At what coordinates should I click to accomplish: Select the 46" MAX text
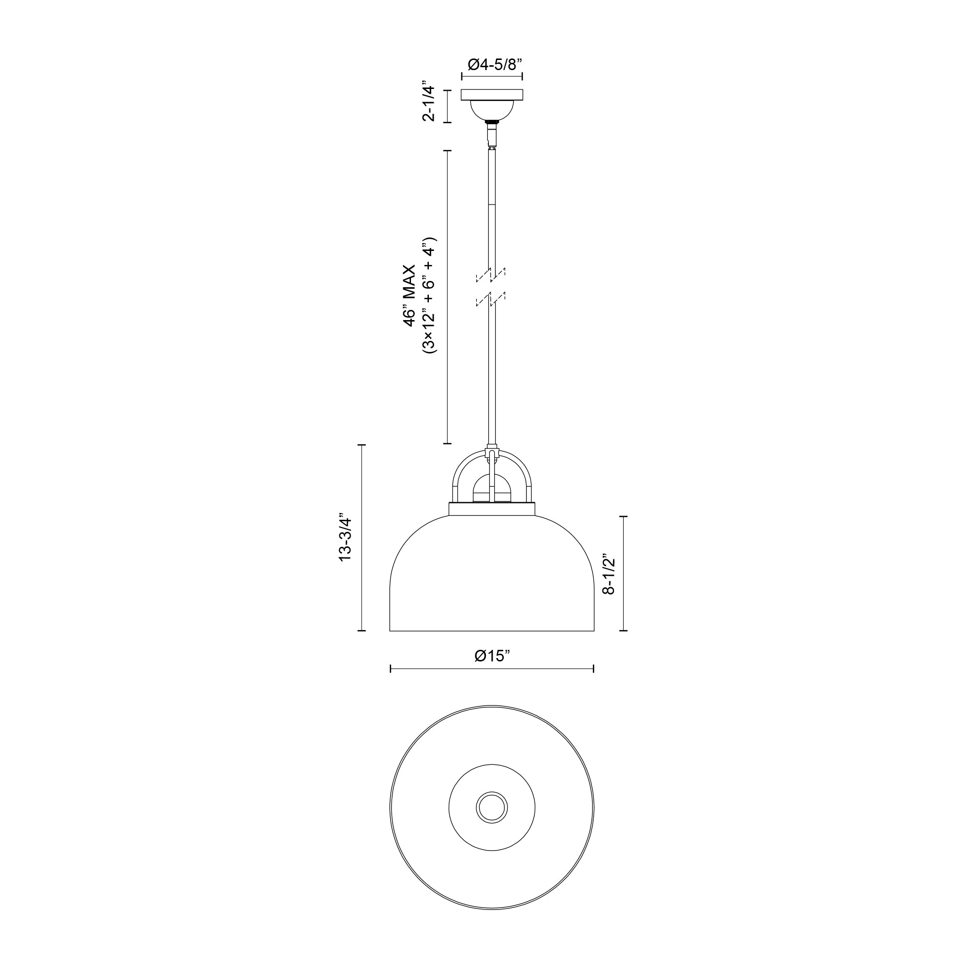coord(410,296)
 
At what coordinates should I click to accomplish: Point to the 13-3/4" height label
coord(346,537)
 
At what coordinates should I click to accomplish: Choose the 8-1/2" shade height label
coord(609,573)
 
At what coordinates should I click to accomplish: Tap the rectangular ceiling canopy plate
coord(492,95)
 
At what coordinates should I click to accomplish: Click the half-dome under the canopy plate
coord(492,110)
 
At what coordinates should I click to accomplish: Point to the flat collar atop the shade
coord(492,509)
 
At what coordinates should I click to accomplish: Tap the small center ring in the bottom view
coord(492,808)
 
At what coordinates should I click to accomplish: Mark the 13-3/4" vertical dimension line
coord(362,538)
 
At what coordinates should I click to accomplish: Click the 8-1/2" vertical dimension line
coord(624,573)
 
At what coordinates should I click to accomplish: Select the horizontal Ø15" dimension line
coord(492,669)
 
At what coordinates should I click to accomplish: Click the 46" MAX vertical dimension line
coord(447,296)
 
